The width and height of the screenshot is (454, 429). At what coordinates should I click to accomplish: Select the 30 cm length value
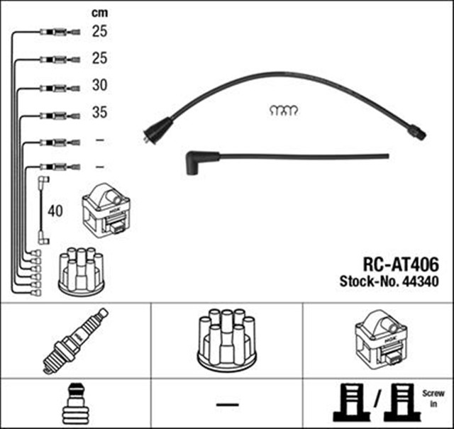pos(100,87)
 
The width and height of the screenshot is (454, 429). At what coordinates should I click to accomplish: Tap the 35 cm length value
pos(100,113)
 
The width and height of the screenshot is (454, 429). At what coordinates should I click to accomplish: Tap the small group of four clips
pos(284,109)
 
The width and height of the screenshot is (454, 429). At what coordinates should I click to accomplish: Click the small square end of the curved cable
pos(418,132)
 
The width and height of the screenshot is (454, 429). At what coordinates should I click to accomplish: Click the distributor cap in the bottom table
pos(226,338)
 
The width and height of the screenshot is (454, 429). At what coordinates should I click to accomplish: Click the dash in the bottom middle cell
pos(227,404)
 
